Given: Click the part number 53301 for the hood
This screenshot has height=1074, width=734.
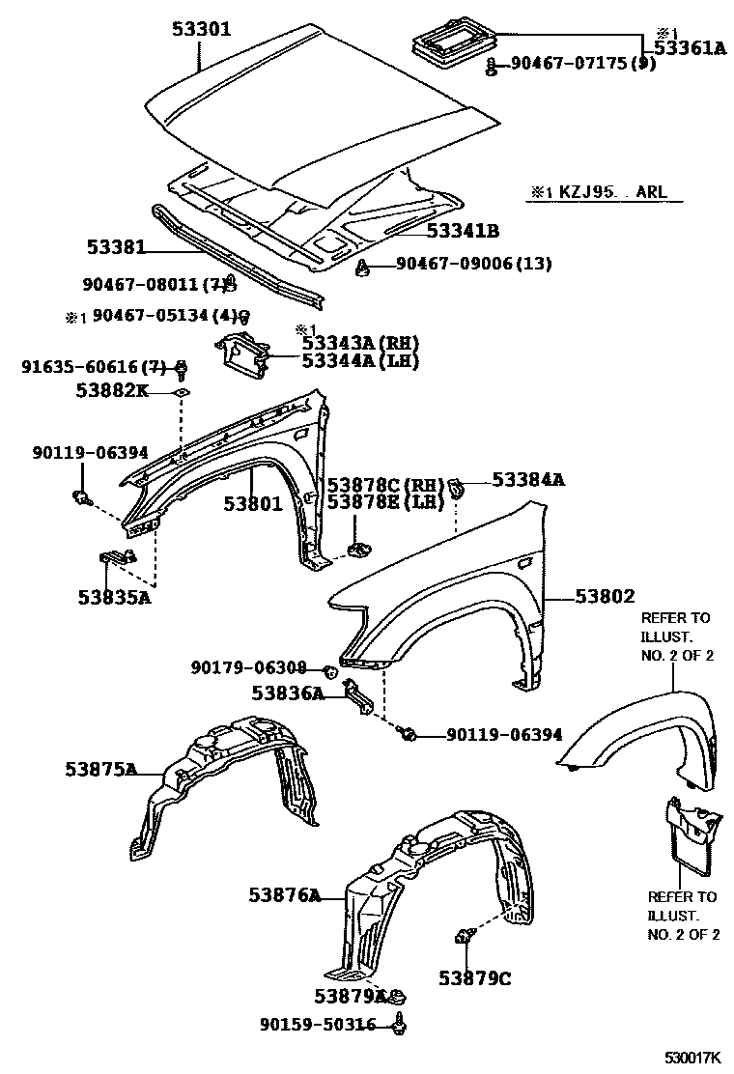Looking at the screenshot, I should (202, 29).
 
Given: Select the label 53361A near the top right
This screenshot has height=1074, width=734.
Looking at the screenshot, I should (689, 47).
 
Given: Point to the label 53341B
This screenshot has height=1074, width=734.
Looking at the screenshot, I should (464, 230).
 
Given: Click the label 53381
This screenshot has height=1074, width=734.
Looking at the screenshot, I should (112, 247).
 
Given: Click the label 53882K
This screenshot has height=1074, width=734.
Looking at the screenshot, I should (112, 390).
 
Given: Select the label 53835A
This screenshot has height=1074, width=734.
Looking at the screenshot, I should (115, 596).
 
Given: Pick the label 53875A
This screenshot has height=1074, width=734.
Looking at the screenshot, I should (101, 770).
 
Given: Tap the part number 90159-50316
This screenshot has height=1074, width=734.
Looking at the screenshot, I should (317, 1024).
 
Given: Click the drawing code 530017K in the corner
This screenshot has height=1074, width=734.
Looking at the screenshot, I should (692, 1060).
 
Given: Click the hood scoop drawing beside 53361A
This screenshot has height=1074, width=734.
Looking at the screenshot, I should (449, 40).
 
